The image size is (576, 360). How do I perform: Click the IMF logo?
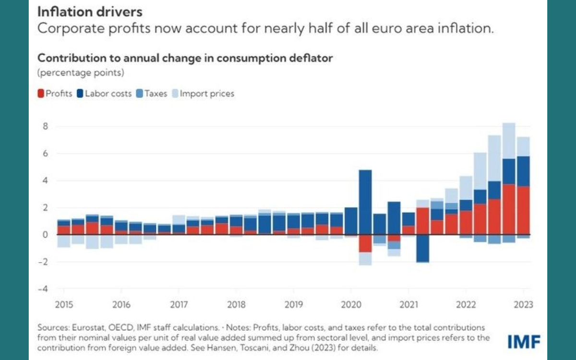(524, 342)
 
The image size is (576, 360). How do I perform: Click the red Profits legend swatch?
(41, 94)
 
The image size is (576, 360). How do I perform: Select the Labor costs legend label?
(108, 94)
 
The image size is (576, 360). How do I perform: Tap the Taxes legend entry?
(156, 94)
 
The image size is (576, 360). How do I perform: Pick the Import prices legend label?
(207, 94)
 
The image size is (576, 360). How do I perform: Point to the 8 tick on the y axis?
(45, 127)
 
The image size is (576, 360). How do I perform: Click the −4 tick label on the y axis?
(44, 289)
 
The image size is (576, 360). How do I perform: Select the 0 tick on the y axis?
(46, 235)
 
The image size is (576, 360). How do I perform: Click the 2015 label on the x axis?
(64, 304)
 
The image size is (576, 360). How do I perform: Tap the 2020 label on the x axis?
(351, 304)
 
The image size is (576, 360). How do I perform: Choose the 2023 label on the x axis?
(523, 304)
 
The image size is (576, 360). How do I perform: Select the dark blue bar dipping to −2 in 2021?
(423, 248)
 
